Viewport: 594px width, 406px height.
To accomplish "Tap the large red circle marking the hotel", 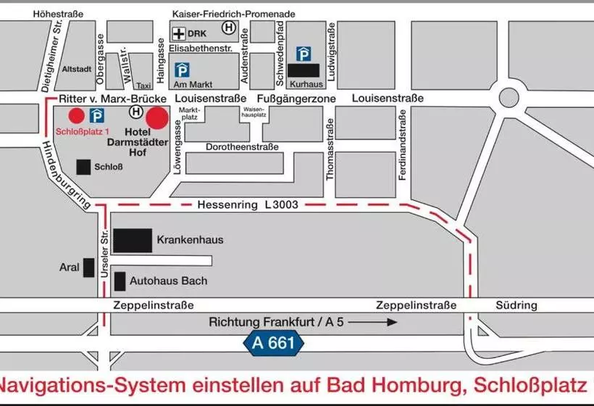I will [158, 117].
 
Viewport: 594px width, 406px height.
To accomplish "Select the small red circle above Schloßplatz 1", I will [75, 115].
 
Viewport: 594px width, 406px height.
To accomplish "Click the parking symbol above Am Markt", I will [185, 70].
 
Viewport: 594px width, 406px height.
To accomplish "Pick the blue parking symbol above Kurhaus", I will [304, 54].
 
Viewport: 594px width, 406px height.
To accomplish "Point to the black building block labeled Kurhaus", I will [304, 70].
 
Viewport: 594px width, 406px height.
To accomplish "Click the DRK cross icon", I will [178, 33].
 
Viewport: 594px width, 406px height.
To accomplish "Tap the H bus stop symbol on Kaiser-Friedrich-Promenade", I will [229, 28].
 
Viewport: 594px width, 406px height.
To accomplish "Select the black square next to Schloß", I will [84, 167].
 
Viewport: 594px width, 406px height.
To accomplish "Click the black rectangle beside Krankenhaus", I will [133, 240].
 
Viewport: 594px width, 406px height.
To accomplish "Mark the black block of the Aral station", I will [88, 267].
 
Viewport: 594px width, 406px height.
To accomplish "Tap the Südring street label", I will [516, 305].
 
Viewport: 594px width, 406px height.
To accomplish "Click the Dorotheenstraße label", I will [242, 147].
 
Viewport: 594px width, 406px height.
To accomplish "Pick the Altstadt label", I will [76, 70].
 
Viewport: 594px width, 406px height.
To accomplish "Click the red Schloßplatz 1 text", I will [83, 131].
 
